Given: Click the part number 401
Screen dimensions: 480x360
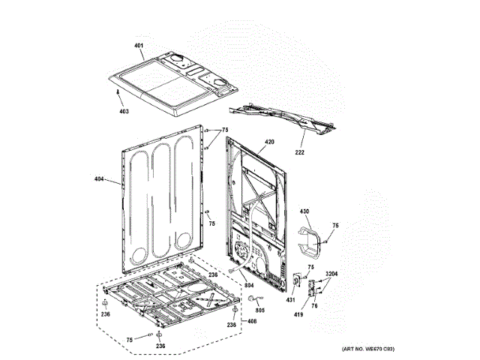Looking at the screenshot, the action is (138, 46).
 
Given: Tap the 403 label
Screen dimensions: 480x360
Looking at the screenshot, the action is (123, 111).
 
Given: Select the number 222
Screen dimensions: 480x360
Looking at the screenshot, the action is (300, 153).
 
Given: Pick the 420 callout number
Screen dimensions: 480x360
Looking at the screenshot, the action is (269, 142).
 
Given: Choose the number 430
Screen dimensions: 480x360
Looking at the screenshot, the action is (304, 211).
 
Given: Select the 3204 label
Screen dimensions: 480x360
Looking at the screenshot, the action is (331, 273).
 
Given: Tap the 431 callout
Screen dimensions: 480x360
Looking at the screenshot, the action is (293, 299).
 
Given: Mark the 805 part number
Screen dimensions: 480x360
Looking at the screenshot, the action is (261, 310).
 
